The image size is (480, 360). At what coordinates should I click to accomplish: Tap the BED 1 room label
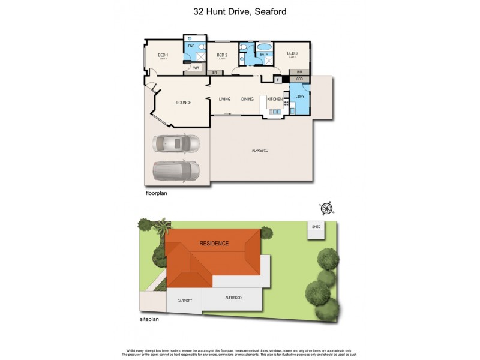(x=163, y=55)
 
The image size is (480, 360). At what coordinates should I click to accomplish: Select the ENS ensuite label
(x=191, y=46)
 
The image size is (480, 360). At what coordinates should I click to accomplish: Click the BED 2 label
(x=222, y=55)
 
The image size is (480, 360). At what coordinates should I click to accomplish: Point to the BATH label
(x=263, y=55)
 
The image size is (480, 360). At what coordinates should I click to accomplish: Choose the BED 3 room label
(x=292, y=53)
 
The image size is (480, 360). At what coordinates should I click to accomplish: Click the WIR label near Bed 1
(x=196, y=68)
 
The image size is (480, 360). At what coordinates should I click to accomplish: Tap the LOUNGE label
(x=184, y=103)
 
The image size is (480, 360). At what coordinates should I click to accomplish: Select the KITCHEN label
(x=274, y=99)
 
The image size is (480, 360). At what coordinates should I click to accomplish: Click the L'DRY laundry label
(x=300, y=96)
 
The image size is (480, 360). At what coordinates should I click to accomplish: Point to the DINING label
(x=248, y=99)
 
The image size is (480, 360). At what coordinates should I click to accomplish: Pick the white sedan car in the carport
(x=176, y=144)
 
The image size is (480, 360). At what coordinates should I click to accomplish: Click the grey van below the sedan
(x=176, y=172)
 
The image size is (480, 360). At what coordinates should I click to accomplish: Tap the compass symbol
(x=326, y=208)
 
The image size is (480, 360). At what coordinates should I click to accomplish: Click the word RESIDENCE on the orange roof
(x=214, y=243)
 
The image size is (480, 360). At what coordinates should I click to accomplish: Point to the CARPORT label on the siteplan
(x=184, y=300)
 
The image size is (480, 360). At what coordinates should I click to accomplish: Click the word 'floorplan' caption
(x=158, y=194)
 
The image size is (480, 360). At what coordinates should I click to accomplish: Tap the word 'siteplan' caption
(x=149, y=319)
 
